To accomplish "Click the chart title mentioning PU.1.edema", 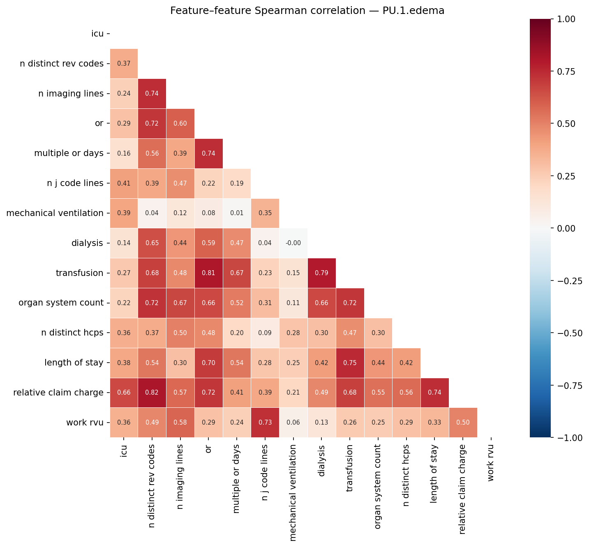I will click(x=307, y=11).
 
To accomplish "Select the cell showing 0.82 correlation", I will click(x=152, y=393).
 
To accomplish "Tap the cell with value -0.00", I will click(x=293, y=243).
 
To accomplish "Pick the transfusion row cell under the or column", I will click(x=208, y=273).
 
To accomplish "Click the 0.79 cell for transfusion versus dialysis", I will click(x=321, y=273).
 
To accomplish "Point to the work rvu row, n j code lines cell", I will click(x=265, y=423).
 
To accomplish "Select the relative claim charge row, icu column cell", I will click(x=124, y=393).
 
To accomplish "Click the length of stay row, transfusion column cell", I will click(x=350, y=363).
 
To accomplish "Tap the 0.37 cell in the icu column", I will click(x=124, y=64).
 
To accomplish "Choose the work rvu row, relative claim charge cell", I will click(x=463, y=423).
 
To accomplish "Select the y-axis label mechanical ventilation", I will click(x=55, y=213).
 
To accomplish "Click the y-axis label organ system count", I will click(x=61, y=303).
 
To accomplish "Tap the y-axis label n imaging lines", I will click(x=71, y=94).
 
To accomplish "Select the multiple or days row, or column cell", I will click(x=208, y=154).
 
